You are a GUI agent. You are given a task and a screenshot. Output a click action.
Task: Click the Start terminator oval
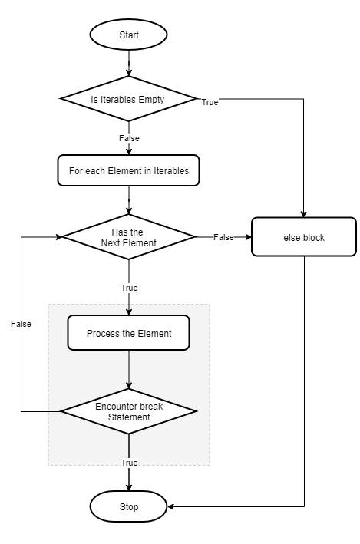(x=128, y=36)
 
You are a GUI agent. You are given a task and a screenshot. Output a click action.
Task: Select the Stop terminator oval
(x=128, y=506)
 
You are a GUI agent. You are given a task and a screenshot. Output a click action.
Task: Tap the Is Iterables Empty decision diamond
(x=128, y=99)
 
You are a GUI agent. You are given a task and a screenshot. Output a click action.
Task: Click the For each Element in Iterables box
(x=128, y=170)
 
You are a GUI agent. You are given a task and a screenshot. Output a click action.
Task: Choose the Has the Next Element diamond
(x=128, y=237)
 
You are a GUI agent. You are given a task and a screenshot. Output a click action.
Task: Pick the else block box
(x=304, y=237)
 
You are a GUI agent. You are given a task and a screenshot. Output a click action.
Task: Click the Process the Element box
(x=128, y=334)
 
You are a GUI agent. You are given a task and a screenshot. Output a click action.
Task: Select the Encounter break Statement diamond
(x=128, y=411)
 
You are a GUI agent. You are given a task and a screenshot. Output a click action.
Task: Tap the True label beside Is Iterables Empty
(x=210, y=102)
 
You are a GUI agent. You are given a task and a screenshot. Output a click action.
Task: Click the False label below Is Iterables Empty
(x=128, y=137)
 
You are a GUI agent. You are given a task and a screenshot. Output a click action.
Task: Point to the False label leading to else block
(x=223, y=237)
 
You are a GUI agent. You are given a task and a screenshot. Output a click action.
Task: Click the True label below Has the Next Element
(x=128, y=288)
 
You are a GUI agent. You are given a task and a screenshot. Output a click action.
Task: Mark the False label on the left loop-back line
(x=21, y=324)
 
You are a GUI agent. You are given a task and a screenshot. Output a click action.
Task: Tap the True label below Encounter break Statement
(x=128, y=463)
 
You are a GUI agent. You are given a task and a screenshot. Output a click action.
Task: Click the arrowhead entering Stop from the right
(x=171, y=506)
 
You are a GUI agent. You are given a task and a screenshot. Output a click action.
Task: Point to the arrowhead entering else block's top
(x=304, y=213)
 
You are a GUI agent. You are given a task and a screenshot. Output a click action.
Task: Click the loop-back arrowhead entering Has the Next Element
(x=58, y=237)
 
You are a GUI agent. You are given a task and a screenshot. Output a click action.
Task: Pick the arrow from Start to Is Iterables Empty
(x=128, y=63)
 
